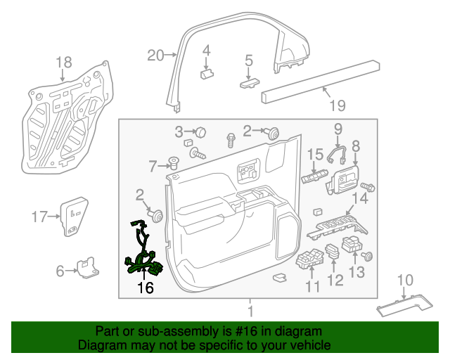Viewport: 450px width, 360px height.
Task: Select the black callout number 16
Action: (146, 288)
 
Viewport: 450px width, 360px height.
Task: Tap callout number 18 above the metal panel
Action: (64, 63)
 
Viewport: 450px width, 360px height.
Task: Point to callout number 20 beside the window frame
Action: (155, 55)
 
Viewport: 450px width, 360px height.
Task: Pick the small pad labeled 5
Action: (250, 84)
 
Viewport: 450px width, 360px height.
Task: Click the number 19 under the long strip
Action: (337, 105)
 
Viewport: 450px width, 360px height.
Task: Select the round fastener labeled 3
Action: (201, 133)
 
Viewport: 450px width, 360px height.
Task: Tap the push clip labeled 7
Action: (173, 163)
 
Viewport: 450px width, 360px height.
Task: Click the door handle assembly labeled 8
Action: (343, 179)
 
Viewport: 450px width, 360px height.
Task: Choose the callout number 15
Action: (316, 155)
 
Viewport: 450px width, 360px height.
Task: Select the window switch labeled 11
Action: (309, 259)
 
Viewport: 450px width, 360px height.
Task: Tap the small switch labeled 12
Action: (333, 252)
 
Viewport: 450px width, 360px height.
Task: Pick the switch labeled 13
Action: (352, 244)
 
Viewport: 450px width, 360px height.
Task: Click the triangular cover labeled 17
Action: (74, 217)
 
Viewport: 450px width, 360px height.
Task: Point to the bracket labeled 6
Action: (88, 268)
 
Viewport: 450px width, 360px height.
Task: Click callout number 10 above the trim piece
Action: (405, 280)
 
